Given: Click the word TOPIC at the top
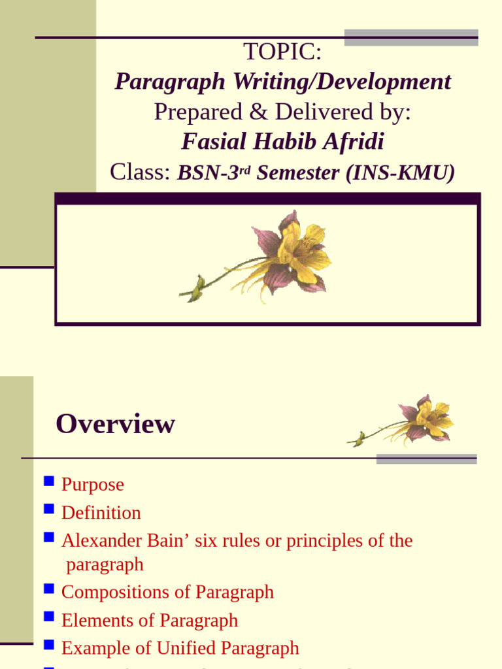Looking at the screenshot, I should point(282,51).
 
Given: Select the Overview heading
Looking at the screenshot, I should point(115,424).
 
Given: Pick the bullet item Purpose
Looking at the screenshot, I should point(92,485).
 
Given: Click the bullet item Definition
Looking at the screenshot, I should point(101,513).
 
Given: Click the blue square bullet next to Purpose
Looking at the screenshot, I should point(48,483).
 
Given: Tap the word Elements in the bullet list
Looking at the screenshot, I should point(92,620).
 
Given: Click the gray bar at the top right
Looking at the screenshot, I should point(411,37).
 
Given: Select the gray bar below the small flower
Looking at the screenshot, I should point(427,459).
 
